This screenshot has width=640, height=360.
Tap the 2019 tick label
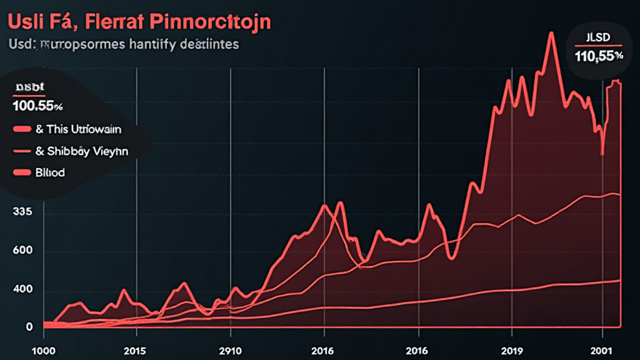(x=512, y=350)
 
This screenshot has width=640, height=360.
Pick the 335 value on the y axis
(x=22, y=212)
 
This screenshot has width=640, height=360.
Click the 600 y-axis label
(x=22, y=251)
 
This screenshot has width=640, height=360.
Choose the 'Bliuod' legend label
(x=51, y=172)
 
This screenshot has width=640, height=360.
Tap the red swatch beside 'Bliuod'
(x=21, y=172)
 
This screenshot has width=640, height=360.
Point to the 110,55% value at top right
(x=599, y=56)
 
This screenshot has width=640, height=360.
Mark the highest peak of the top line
(x=551, y=34)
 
